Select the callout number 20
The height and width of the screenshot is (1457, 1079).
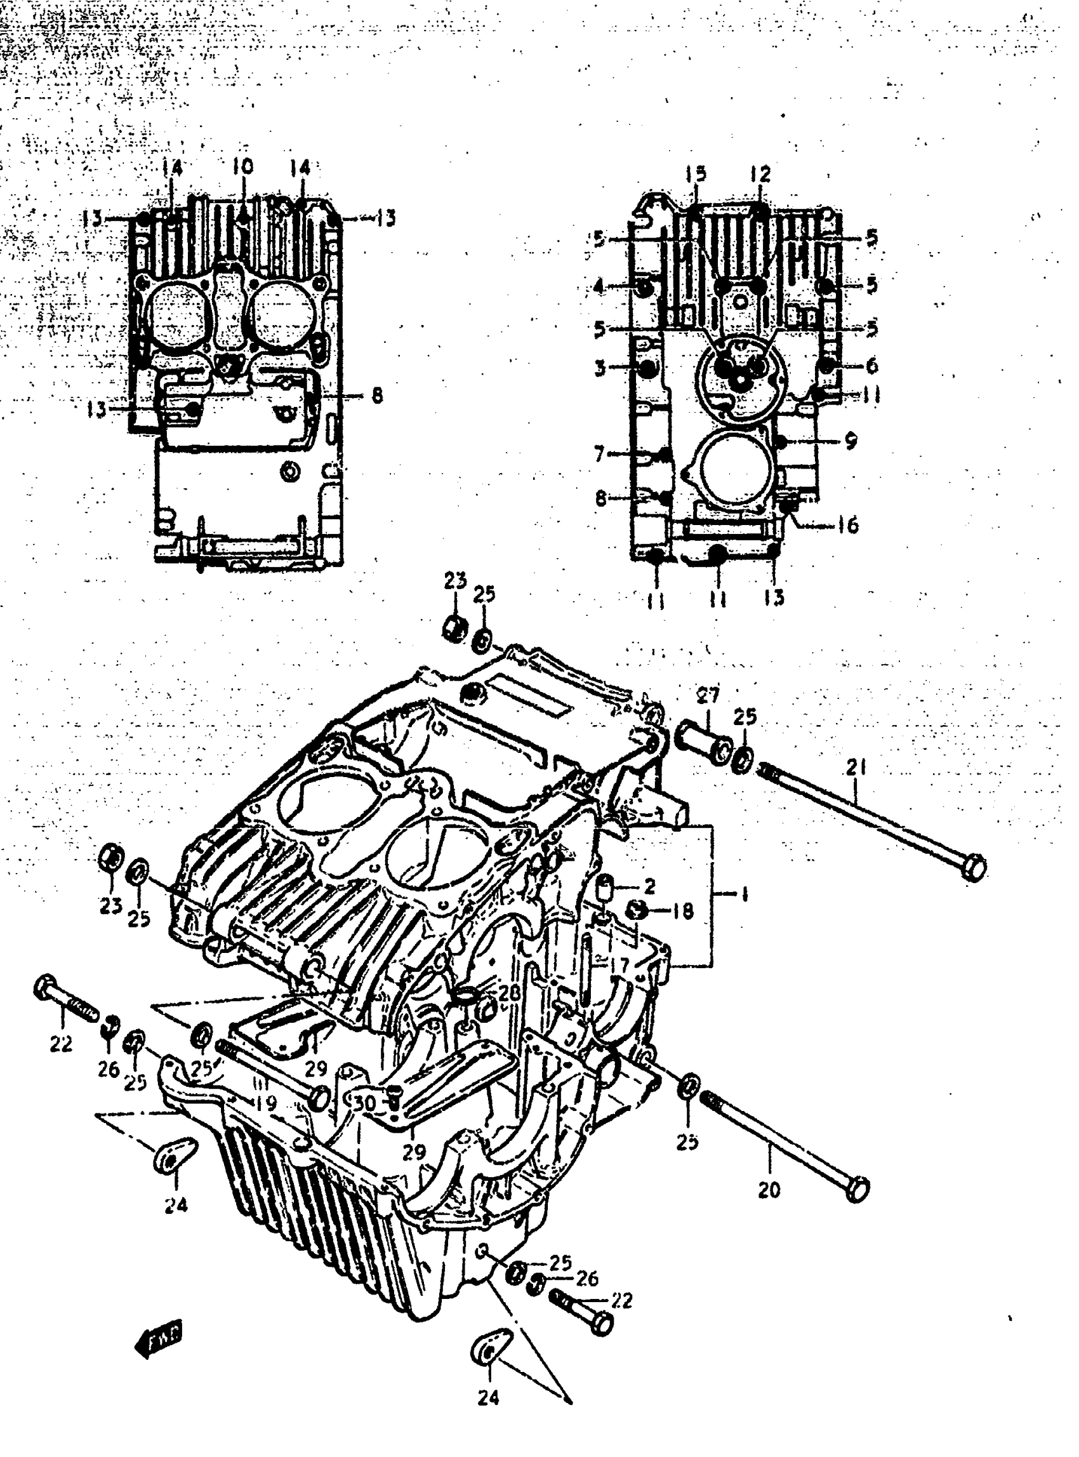click(x=769, y=1190)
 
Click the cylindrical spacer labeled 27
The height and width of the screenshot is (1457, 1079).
click(x=703, y=741)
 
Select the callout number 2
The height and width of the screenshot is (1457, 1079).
click(x=649, y=887)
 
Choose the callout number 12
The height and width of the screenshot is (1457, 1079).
click(x=760, y=175)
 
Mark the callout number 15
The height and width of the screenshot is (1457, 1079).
click(x=696, y=175)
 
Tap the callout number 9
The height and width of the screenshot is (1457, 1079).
click(x=850, y=441)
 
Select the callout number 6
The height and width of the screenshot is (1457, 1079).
click(x=872, y=365)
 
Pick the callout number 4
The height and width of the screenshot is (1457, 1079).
click(x=599, y=286)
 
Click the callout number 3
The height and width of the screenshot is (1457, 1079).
click(x=600, y=368)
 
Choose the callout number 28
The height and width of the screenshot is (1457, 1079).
click(x=510, y=992)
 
